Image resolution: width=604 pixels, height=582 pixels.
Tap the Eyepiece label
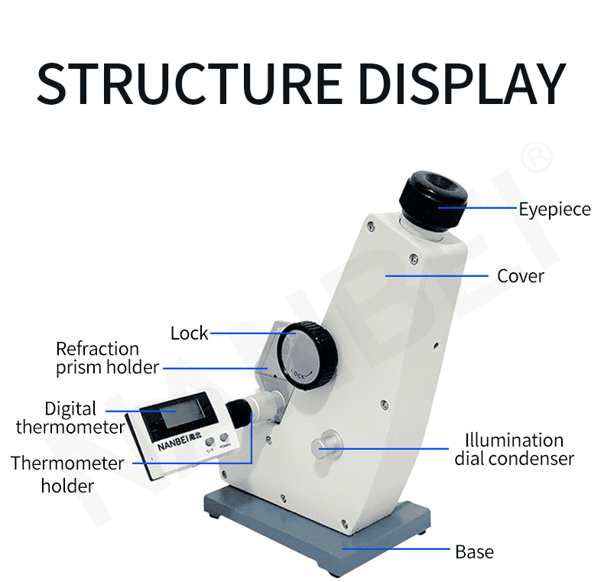point(554,209)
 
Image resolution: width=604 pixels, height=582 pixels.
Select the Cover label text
point(521,275)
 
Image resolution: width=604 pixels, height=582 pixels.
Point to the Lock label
point(189,333)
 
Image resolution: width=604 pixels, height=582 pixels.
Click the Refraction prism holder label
point(107,358)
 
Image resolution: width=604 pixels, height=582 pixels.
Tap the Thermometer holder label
point(67,474)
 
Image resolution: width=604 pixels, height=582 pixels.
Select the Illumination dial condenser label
point(514,450)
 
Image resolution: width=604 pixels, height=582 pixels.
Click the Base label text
point(474,551)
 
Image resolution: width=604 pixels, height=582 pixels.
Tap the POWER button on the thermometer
point(225,444)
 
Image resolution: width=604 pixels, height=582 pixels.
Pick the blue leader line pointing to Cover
point(436,275)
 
